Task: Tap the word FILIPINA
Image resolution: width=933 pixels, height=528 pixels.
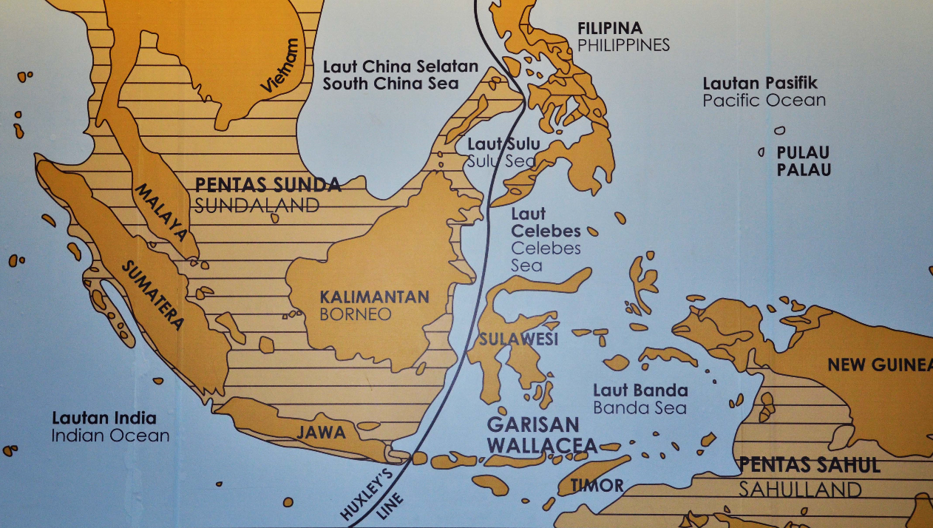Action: click(610, 29)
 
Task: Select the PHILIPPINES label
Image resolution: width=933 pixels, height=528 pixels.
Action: click(623, 45)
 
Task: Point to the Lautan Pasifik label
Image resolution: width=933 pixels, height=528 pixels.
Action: click(760, 83)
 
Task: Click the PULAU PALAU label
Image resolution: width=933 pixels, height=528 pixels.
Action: click(803, 161)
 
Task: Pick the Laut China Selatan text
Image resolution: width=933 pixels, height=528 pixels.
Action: click(400, 66)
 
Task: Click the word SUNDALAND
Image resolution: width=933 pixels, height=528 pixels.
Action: click(257, 205)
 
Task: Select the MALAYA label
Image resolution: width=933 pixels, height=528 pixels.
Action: click(161, 212)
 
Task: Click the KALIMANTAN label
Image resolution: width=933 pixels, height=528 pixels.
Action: click(374, 297)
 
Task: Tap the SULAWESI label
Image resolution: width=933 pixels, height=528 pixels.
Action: click(518, 339)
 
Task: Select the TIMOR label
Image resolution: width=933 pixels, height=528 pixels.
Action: click(597, 486)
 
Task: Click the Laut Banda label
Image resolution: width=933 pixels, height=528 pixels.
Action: click(640, 390)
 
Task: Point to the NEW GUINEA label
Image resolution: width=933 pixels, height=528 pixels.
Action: click(879, 365)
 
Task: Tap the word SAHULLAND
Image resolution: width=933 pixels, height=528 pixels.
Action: click(800, 489)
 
